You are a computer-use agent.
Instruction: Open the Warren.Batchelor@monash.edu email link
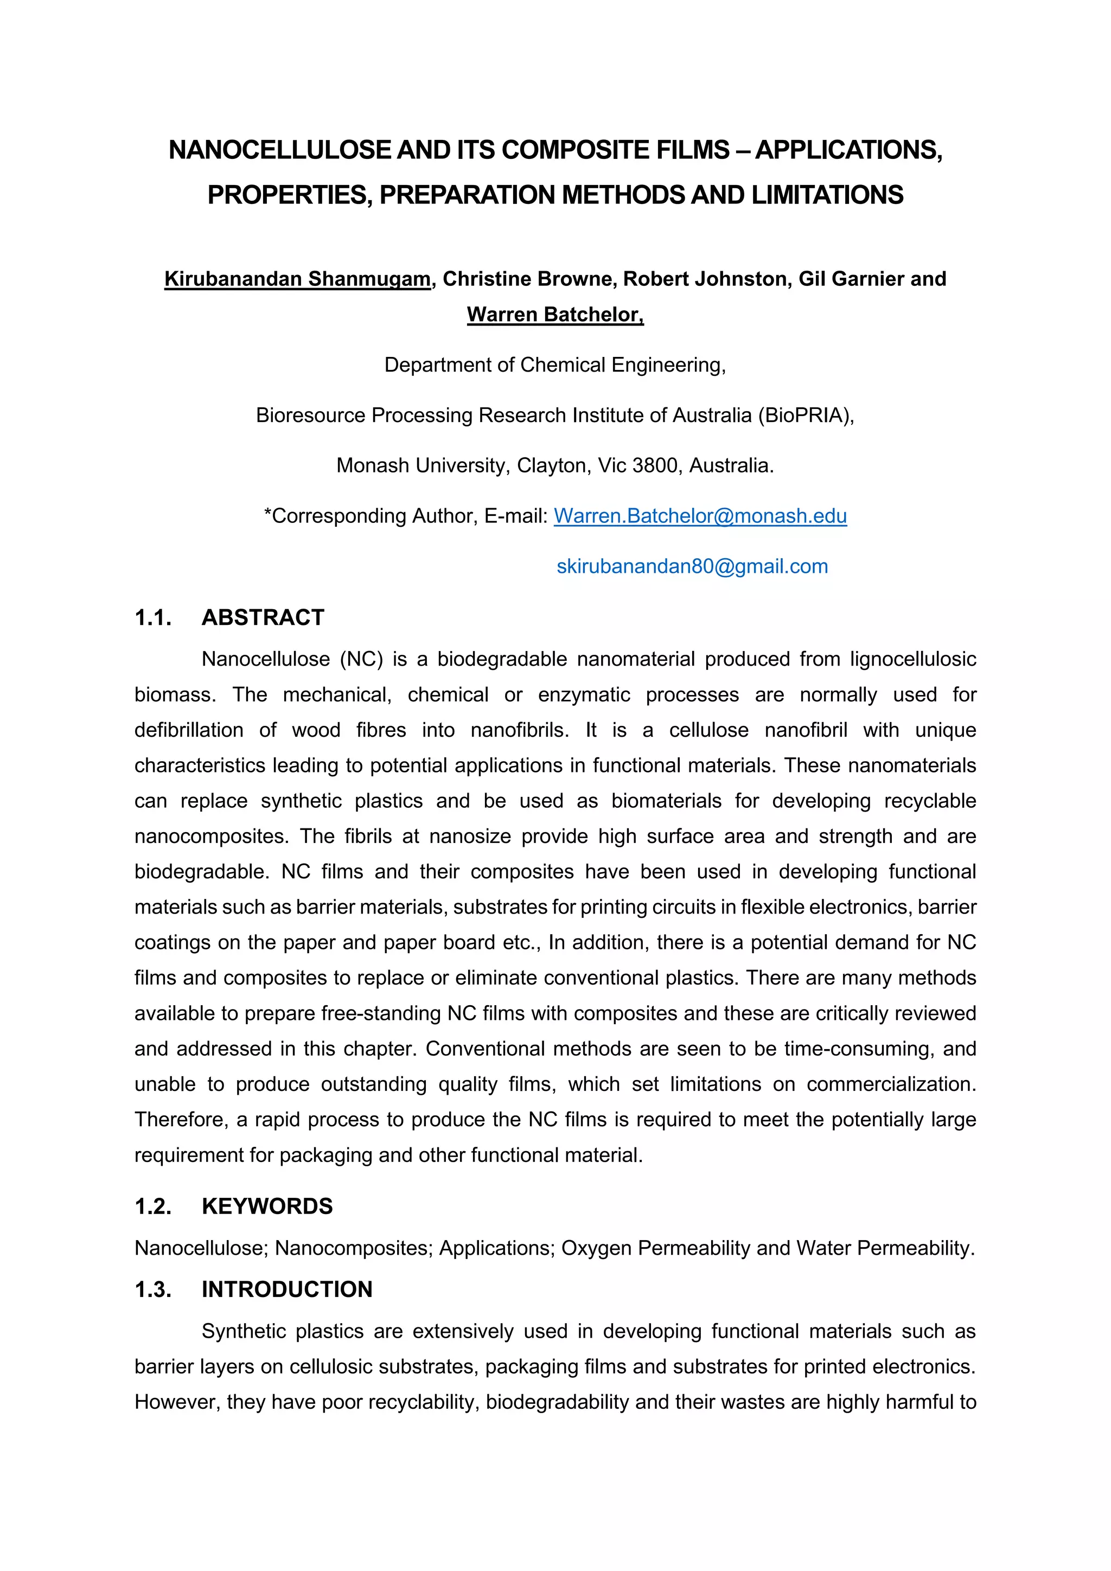(700, 516)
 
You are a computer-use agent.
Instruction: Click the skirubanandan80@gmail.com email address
(692, 566)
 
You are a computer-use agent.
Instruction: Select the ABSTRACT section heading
(263, 617)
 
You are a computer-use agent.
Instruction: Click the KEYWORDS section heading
(267, 1206)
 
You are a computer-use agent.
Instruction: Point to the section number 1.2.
(153, 1206)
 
